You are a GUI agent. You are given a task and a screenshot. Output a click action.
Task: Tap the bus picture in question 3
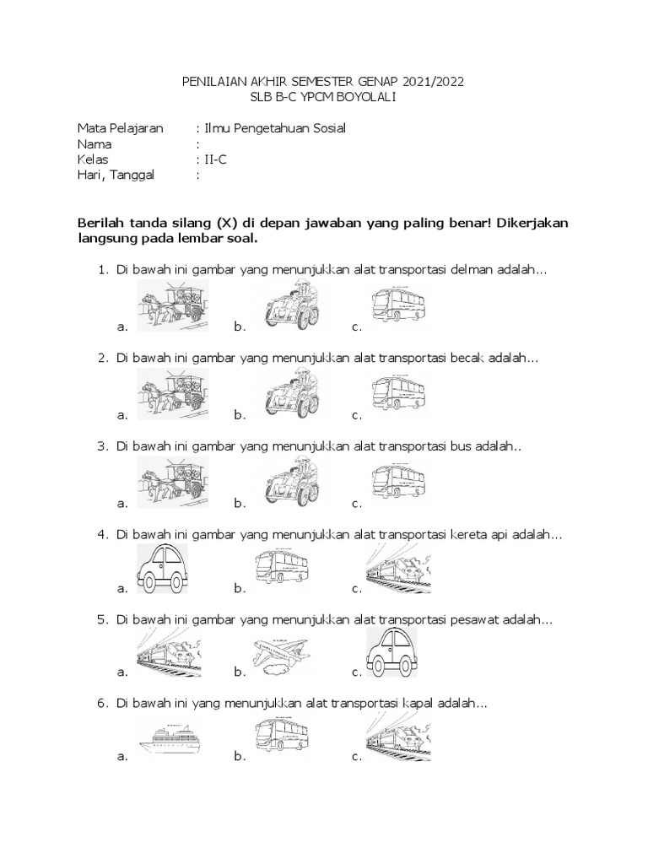[x=398, y=481]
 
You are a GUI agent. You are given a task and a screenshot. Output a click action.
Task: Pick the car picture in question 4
[x=160, y=569]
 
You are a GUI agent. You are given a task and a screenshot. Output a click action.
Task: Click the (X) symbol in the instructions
[x=226, y=223]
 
